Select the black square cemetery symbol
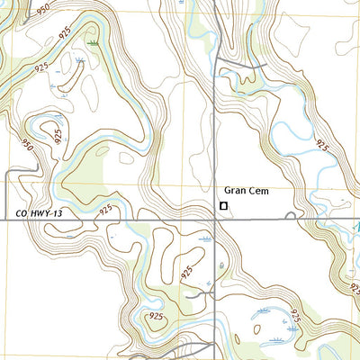223,206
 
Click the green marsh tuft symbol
94,42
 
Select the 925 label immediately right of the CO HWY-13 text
106,210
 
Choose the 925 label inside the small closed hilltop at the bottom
154,318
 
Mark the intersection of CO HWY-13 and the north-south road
213,217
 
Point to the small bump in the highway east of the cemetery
289,215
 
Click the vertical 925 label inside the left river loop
59,137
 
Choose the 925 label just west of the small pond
187,271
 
